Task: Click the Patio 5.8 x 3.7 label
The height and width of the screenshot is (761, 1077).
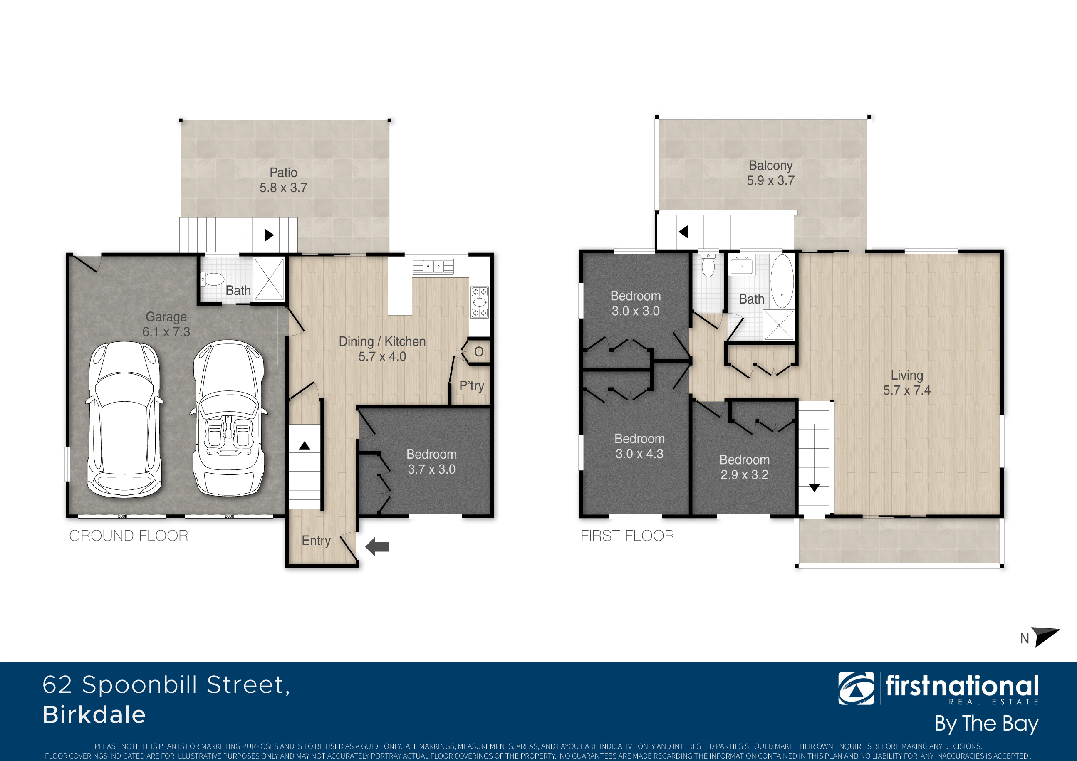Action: pyautogui.click(x=283, y=180)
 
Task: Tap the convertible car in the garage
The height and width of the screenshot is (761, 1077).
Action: pyautogui.click(x=228, y=418)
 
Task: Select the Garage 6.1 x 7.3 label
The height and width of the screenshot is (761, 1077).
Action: pyautogui.click(x=166, y=324)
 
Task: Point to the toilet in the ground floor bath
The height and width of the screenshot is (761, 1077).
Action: pyautogui.click(x=212, y=279)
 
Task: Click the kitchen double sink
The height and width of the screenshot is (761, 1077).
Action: pyautogui.click(x=433, y=266)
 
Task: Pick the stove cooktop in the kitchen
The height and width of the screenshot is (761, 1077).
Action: pyautogui.click(x=479, y=302)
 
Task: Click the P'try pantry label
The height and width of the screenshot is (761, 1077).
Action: pyautogui.click(x=471, y=386)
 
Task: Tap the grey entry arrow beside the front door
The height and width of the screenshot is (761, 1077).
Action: pyautogui.click(x=377, y=547)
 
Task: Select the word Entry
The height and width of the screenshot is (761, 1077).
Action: pyautogui.click(x=316, y=541)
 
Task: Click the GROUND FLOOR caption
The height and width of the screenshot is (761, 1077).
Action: pyautogui.click(x=129, y=536)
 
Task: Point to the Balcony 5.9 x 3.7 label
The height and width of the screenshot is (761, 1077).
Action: pyautogui.click(x=770, y=173)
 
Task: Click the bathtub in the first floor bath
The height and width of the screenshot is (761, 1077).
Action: pyautogui.click(x=782, y=281)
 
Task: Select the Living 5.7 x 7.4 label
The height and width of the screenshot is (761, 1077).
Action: pyautogui.click(x=907, y=383)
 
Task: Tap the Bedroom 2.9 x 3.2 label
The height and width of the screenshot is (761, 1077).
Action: pyautogui.click(x=745, y=467)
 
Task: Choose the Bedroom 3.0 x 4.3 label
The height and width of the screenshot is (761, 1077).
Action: pyautogui.click(x=639, y=446)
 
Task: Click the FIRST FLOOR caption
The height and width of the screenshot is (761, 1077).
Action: pyautogui.click(x=627, y=536)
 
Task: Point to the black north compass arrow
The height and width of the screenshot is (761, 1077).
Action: pyautogui.click(x=1045, y=637)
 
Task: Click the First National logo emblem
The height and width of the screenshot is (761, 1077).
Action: pyautogui.click(x=856, y=688)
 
